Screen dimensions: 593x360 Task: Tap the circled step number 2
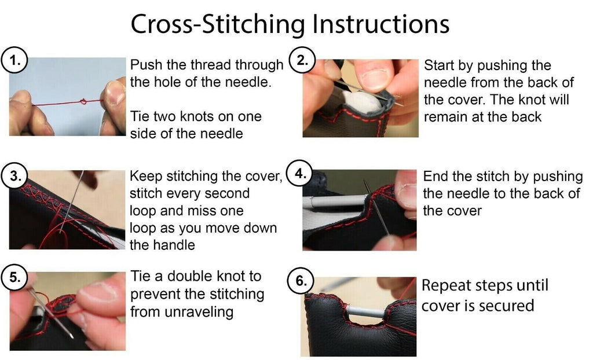pos(301,60)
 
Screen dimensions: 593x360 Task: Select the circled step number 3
pos(14,176)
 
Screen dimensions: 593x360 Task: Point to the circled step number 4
pos(300,174)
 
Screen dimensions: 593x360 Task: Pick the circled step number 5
pos(14,278)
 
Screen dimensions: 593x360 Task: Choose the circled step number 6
pos(301,281)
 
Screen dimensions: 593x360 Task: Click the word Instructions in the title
pos(381,24)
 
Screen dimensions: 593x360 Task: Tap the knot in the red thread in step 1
pos(83,101)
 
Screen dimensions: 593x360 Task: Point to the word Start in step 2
pos(439,65)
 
